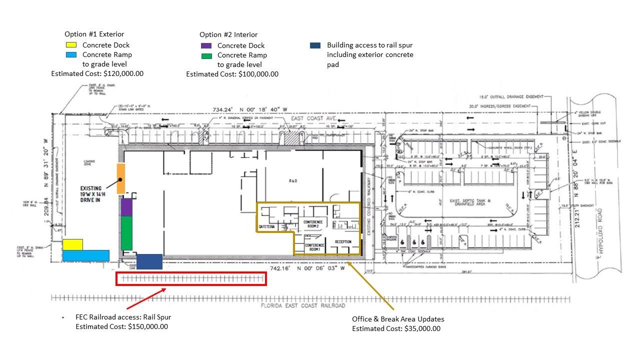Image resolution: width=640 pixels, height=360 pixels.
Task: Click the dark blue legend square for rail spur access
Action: (x=315, y=45)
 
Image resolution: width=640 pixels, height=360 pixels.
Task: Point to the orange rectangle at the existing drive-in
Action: (x=120, y=178)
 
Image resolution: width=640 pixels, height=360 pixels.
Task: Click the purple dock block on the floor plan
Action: (x=126, y=207)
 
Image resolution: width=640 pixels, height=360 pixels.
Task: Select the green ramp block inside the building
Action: (x=126, y=232)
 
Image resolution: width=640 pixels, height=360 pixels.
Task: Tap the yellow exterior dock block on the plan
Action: (x=72, y=244)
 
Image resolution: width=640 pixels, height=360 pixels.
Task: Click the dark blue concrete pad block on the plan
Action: (x=149, y=261)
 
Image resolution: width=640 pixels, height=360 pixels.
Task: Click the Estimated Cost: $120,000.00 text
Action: (x=97, y=73)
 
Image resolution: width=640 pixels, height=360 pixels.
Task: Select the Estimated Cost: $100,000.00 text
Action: (x=232, y=74)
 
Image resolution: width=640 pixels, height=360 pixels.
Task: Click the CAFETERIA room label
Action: (x=266, y=227)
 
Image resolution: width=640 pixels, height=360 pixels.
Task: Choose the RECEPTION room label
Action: (x=343, y=242)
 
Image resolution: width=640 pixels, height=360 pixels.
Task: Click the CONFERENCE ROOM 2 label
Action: (x=313, y=224)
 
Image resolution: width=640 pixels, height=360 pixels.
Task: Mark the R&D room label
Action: (x=293, y=180)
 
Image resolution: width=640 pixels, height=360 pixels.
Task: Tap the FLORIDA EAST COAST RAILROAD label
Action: (x=303, y=305)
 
